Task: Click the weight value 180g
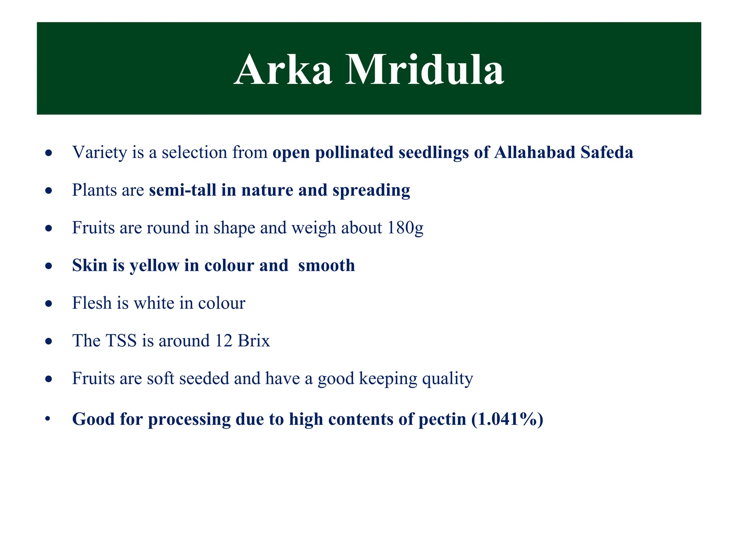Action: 405,228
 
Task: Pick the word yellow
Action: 154,266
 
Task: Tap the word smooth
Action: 326,266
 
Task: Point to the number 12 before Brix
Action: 223,341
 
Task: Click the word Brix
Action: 254,341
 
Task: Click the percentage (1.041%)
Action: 507,419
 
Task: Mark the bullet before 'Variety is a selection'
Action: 49,153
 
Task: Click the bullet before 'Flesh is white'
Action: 49,304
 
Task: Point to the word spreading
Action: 371,190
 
